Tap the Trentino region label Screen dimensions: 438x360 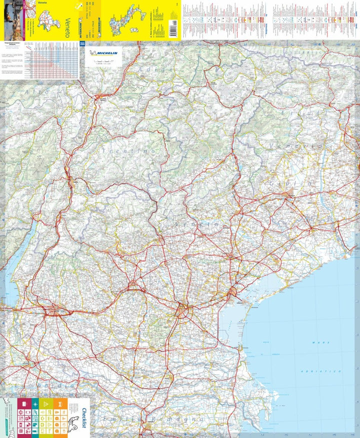(119, 150)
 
